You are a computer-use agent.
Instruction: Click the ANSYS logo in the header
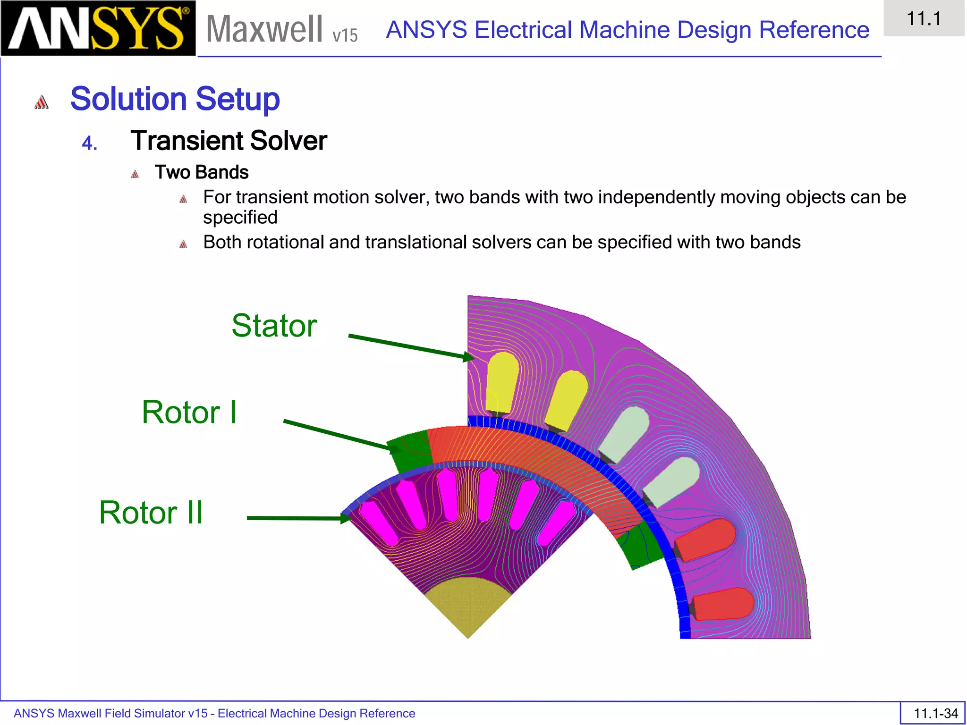tap(98, 28)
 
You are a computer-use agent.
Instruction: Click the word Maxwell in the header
tap(264, 29)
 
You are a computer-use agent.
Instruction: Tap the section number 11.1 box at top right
tap(924, 19)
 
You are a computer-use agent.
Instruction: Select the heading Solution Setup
tap(175, 99)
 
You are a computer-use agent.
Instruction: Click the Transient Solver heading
tap(229, 141)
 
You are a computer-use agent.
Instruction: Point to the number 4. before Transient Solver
tap(89, 143)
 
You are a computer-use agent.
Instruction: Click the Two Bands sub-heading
tap(202, 172)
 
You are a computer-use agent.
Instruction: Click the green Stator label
tap(274, 326)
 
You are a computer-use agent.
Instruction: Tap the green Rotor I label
tap(189, 412)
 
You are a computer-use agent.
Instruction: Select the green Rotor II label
tap(151, 513)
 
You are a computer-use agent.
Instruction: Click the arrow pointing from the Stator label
tap(411, 347)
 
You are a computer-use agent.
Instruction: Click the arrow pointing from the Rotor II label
tap(297, 518)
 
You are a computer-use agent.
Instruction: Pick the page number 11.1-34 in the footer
tap(935, 713)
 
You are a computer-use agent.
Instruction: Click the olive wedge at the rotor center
tap(467, 604)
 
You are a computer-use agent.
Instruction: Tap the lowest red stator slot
tap(722, 604)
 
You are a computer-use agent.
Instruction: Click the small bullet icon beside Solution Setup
tap(42, 102)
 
